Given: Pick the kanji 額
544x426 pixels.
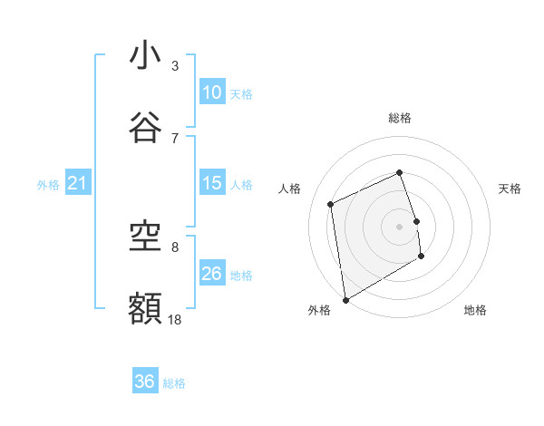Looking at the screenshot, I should tap(145, 308).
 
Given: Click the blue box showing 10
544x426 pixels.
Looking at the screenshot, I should tap(212, 92).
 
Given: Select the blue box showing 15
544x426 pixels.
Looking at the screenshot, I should tap(212, 183).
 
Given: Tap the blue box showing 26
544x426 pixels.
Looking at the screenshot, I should tap(212, 274).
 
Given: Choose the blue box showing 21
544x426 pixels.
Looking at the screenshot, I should tap(78, 184).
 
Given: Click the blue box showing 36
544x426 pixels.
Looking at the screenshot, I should tap(145, 382).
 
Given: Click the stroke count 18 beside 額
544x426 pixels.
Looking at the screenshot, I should tap(175, 319).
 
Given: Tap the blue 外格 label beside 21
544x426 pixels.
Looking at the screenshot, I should tap(48, 185).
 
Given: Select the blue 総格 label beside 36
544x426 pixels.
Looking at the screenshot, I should tap(174, 383).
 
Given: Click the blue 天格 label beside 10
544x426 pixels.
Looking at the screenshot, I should tap(241, 93).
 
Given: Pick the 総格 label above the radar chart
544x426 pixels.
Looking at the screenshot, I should tap(400, 118).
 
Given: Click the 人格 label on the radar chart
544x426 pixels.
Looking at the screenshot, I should tap(290, 189).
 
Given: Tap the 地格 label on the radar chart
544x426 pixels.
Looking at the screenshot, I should tap(475, 310).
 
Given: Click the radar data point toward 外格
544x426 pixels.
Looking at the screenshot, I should tap(345, 299).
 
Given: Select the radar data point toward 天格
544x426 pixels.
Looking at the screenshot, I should tap(416, 220).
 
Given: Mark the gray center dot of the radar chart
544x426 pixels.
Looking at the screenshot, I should tap(400, 226).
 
